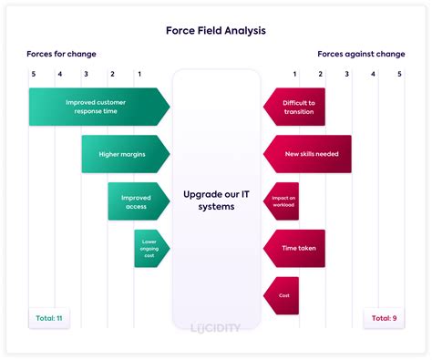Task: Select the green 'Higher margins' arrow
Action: click(x=124, y=154)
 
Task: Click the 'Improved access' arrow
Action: click(x=138, y=201)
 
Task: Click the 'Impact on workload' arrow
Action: click(x=282, y=201)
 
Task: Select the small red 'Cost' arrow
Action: click(x=282, y=295)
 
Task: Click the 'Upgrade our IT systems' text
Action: click(x=216, y=201)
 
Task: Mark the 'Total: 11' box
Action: click(x=48, y=318)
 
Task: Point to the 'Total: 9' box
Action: click(x=382, y=318)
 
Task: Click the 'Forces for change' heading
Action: click(x=61, y=54)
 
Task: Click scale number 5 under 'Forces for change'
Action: click(x=34, y=73)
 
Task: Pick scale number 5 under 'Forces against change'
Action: click(x=399, y=73)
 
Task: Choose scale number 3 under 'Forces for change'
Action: click(x=86, y=73)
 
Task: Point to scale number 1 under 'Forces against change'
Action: click(x=294, y=73)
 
